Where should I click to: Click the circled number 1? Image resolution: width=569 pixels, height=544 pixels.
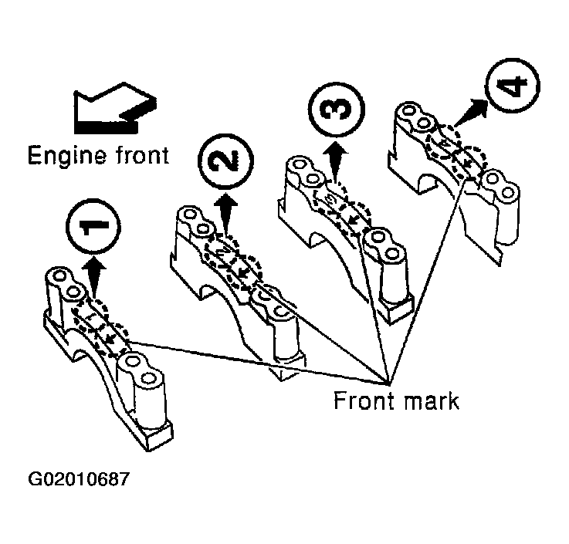[x=93, y=226]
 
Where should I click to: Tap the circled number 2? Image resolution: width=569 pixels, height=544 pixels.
[x=225, y=161]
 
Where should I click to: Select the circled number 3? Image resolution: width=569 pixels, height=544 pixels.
[x=336, y=110]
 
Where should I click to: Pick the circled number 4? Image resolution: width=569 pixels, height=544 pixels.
[x=512, y=86]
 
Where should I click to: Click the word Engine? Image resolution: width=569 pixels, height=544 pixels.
[x=67, y=156]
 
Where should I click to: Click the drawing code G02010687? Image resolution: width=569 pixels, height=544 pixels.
[x=79, y=478]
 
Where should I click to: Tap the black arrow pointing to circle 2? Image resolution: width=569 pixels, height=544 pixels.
[x=225, y=213]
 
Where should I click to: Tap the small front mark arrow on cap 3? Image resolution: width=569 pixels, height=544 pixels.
[x=351, y=219]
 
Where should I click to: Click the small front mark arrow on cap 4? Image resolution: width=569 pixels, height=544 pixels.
[x=468, y=164]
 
